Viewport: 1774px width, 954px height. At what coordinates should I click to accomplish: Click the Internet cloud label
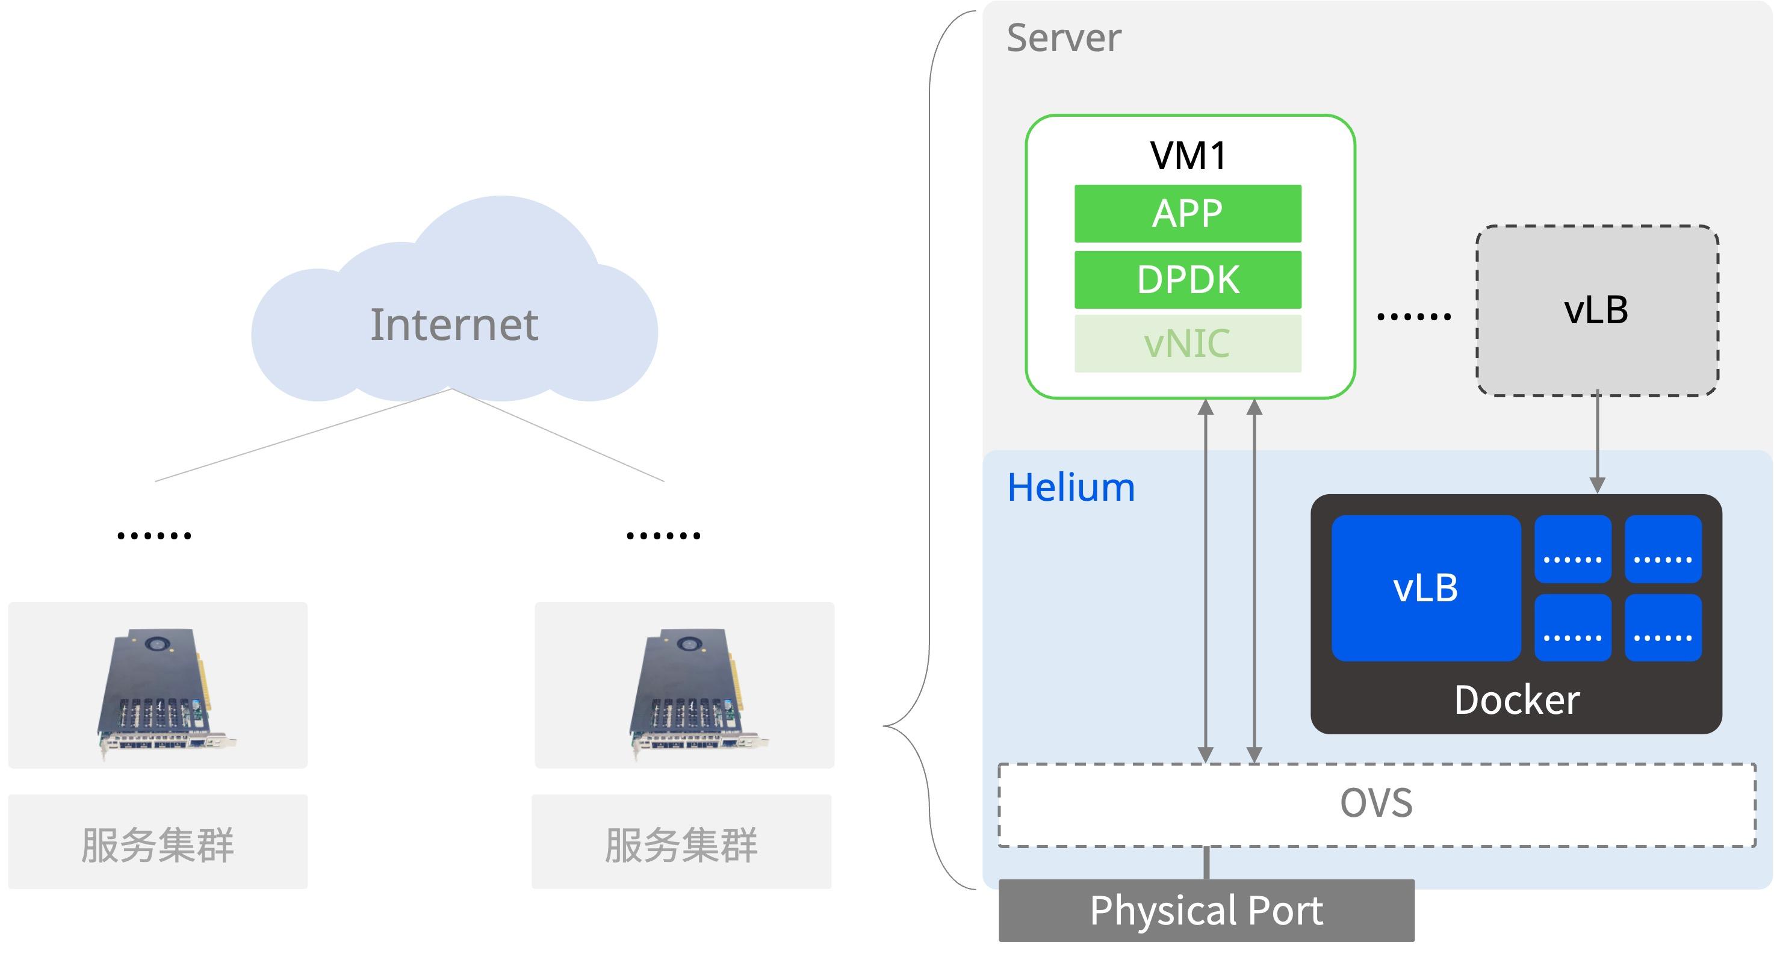click(x=454, y=324)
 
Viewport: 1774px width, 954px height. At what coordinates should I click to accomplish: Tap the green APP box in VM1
click(x=1188, y=214)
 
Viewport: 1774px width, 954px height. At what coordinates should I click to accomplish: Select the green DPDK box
click(x=1188, y=280)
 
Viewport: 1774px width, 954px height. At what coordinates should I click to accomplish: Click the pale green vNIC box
click(x=1188, y=344)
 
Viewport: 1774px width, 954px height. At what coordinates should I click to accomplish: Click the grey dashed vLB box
click(x=1597, y=311)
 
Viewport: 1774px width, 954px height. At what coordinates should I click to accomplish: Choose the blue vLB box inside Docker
click(x=1426, y=588)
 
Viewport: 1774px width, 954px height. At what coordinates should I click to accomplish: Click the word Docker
click(x=1516, y=700)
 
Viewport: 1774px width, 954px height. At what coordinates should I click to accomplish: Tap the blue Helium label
click(x=1071, y=488)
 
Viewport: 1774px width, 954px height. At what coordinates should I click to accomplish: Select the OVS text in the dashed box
click(x=1376, y=803)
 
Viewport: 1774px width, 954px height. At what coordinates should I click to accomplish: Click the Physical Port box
click(x=1206, y=911)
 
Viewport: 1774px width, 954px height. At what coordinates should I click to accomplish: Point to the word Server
click(x=1064, y=37)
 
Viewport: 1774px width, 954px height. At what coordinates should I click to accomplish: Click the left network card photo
click(x=166, y=692)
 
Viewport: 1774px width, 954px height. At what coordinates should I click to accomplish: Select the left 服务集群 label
click(x=158, y=844)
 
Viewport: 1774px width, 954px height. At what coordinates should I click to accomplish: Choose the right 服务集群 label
click(x=681, y=844)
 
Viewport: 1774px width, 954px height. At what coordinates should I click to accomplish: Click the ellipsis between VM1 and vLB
click(x=1414, y=317)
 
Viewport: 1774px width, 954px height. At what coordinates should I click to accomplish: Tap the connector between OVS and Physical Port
click(x=1206, y=863)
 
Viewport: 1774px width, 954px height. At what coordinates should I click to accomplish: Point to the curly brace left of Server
click(x=929, y=450)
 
